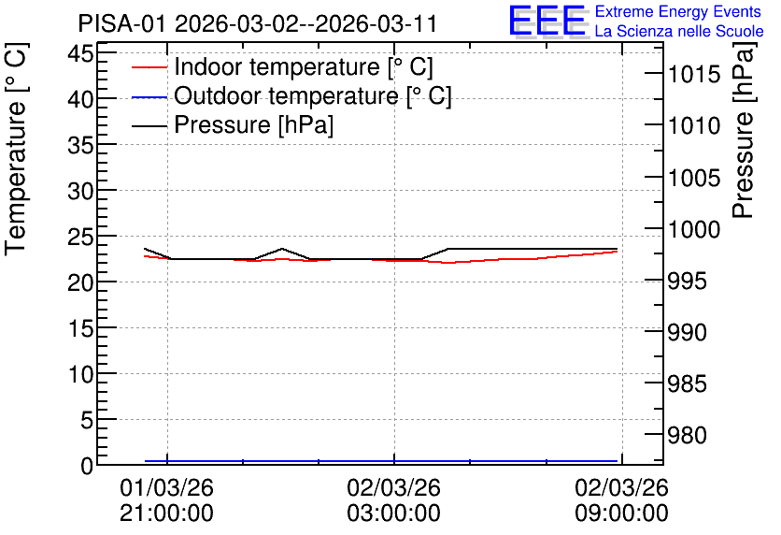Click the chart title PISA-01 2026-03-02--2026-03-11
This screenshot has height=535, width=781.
coord(258,23)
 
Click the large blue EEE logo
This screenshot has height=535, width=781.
coord(547,21)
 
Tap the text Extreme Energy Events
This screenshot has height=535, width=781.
coord(678,11)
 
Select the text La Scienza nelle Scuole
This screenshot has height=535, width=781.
coord(679,31)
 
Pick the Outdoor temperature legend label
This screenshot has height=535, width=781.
coord(313,95)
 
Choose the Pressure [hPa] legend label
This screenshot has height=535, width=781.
coord(253,124)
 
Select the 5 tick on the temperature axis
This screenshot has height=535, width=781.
coord(87,420)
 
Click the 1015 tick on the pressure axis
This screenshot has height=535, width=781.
coord(694,75)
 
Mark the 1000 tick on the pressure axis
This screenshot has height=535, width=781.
coord(694,229)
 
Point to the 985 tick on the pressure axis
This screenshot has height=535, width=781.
coord(687,383)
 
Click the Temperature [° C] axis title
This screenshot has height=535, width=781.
coord(16,150)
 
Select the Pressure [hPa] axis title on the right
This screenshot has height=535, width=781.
coord(744,130)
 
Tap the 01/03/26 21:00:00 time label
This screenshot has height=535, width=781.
coord(166,499)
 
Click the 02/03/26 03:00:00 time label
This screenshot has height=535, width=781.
coord(393,499)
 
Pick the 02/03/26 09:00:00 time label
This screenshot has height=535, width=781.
coord(621,499)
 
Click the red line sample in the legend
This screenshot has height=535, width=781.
coord(149,67)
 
